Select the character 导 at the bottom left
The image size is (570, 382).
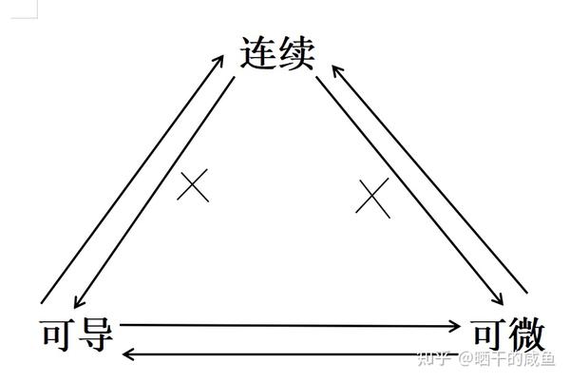[x=95, y=334]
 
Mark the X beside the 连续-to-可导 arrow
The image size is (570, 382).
[x=194, y=184]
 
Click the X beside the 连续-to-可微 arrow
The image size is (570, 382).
[x=373, y=197]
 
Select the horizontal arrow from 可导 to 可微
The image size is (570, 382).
[x=285, y=325]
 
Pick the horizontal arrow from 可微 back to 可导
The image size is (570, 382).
[x=285, y=354]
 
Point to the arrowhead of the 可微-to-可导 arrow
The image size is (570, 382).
[x=130, y=354]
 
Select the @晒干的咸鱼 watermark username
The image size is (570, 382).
[x=509, y=359]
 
